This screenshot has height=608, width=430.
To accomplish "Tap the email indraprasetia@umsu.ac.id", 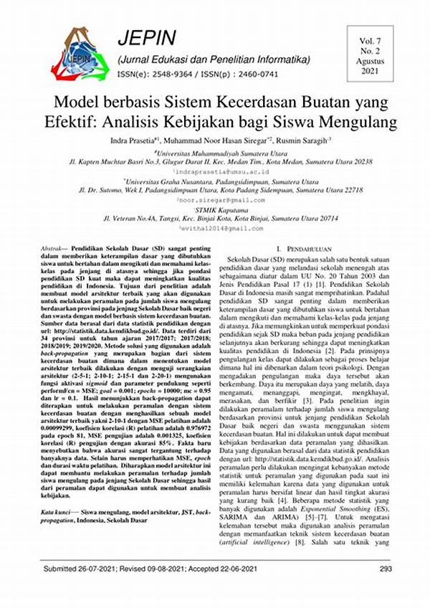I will [x=216, y=173].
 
